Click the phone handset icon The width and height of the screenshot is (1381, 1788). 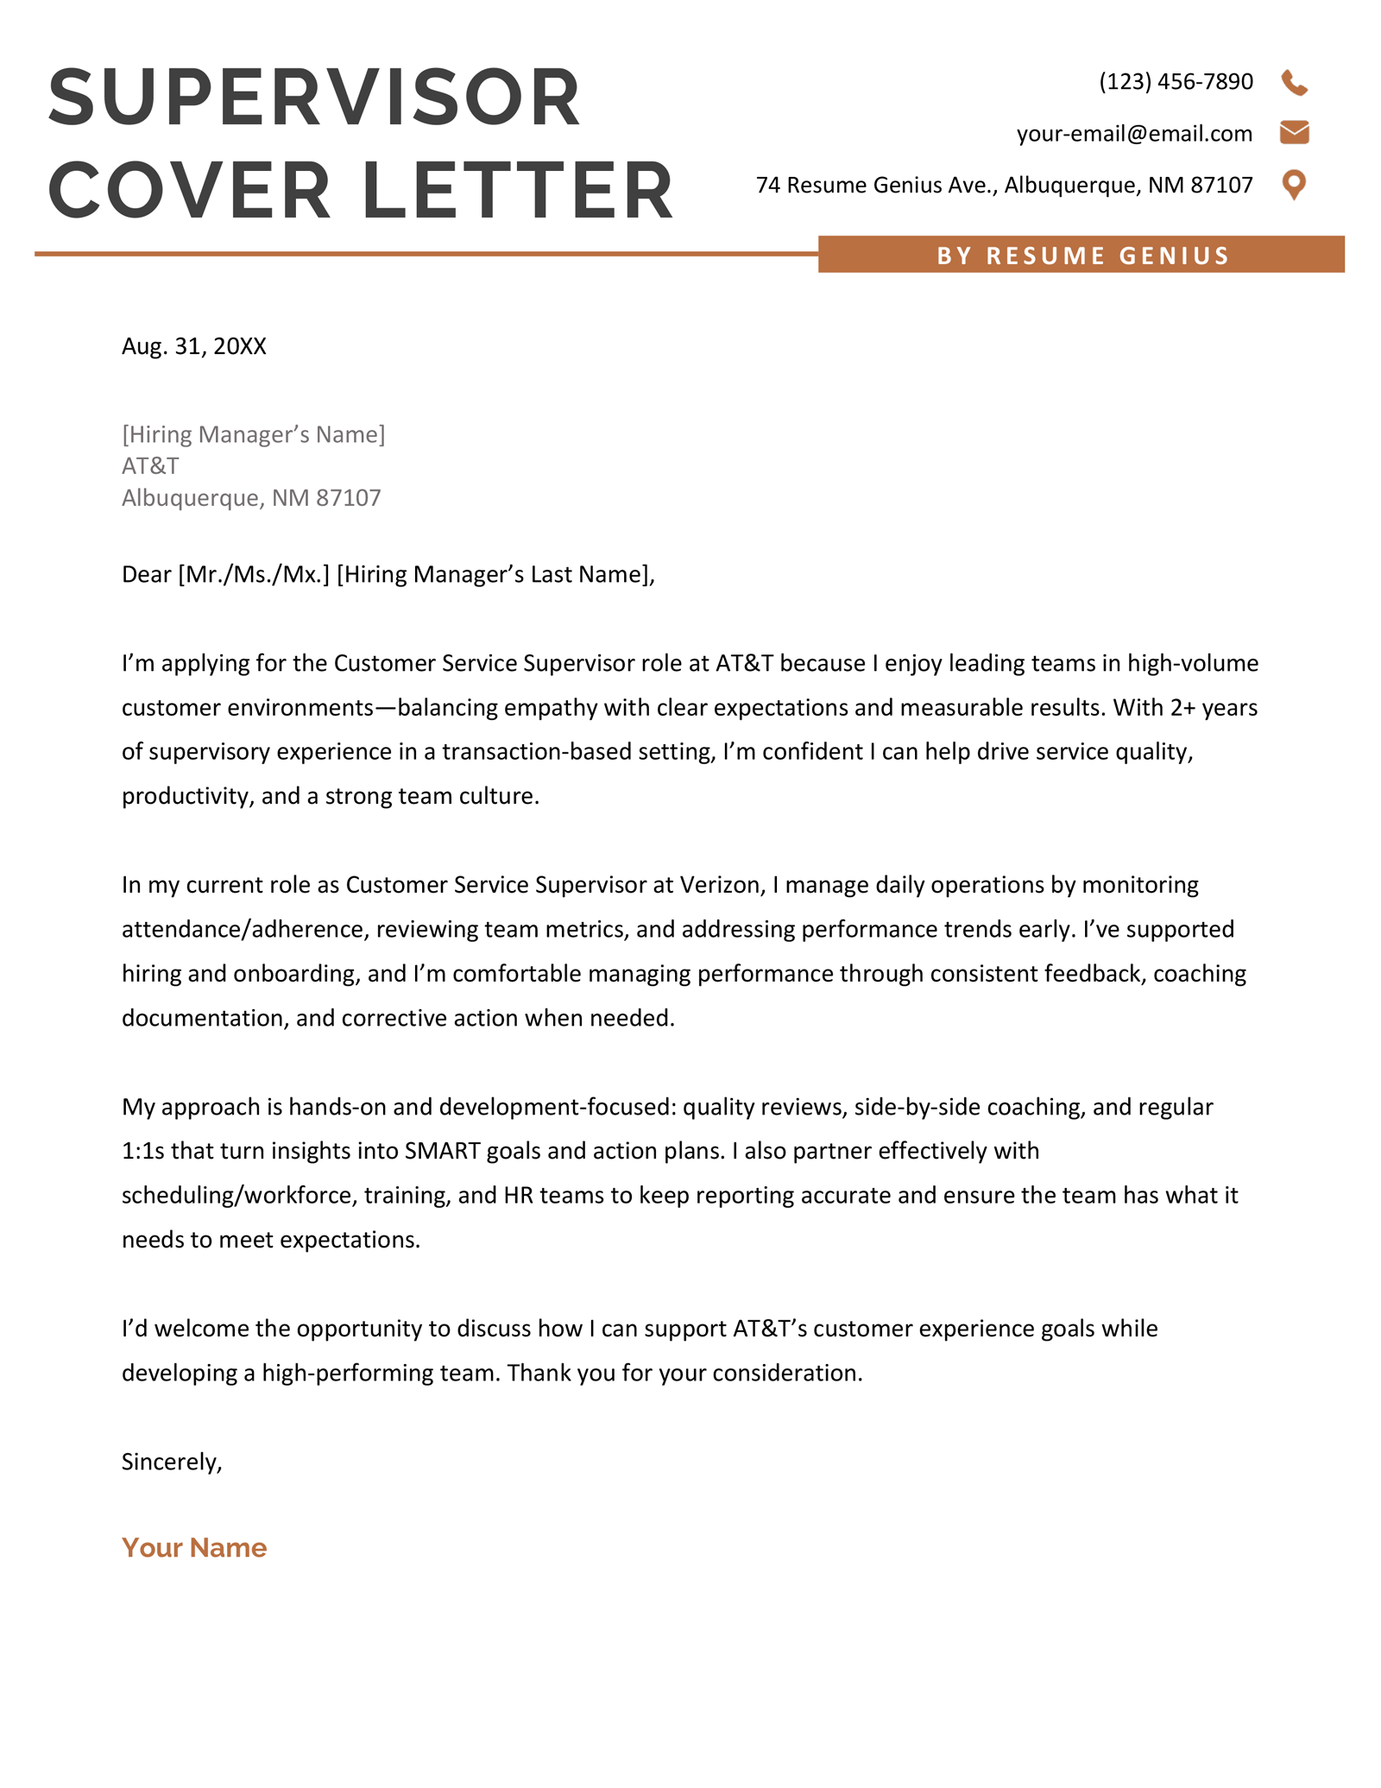click(1294, 83)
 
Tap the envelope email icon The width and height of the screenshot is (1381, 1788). click(1294, 133)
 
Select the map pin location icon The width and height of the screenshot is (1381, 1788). click(1294, 184)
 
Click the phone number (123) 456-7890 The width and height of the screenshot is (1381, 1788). click(1176, 82)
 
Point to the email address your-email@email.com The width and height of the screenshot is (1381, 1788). click(1134, 134)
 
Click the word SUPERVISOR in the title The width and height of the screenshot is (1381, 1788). click(315, 97)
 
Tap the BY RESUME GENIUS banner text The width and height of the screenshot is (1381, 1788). click(1082, 256)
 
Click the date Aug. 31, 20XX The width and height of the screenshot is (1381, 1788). click(194, 346)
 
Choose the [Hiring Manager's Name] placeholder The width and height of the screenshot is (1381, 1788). click(253, 434)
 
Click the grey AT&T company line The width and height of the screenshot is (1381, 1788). click(150, 466)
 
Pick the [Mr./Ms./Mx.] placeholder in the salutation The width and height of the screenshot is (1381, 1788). click(254, 575)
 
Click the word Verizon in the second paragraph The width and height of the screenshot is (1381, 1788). click(720, 885)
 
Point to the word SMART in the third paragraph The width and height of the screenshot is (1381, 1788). click(442, 1151)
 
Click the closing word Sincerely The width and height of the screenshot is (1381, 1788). click(171, 1462)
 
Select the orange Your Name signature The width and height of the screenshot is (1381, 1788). click(194, 1547)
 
